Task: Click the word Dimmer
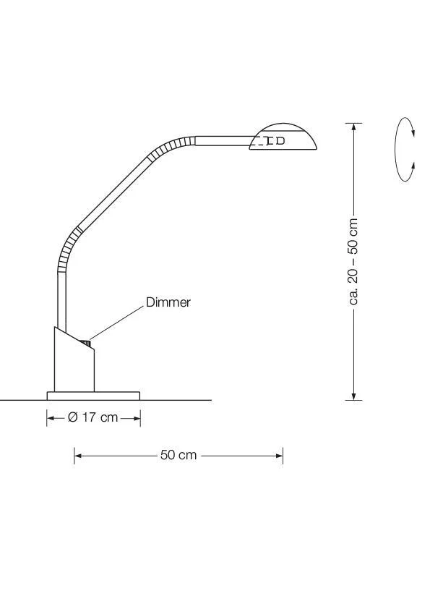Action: [168, 302]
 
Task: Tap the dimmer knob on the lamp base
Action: [85, 344]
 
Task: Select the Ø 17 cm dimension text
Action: [93, 417]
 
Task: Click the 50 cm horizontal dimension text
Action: [179, 455]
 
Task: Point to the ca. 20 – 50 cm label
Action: [353, 261]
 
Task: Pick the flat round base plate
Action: [93, 396]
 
